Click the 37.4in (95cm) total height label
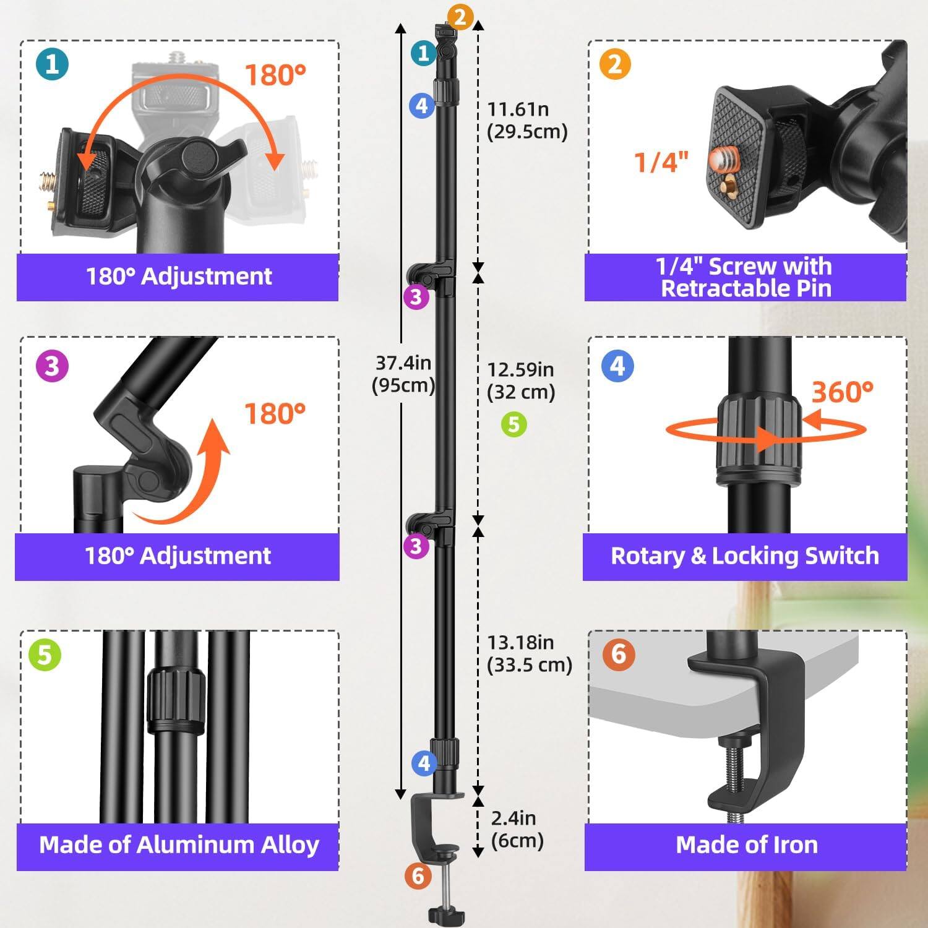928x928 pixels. click(x=403, y=374)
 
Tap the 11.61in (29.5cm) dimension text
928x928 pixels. click(x=526, y=120)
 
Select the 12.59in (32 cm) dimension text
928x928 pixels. click(x=520, y=380)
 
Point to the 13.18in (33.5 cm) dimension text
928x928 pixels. click(x=529, y=653)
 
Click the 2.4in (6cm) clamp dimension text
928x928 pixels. click(x=517, y=829)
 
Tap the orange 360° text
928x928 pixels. click(x=842, y=392)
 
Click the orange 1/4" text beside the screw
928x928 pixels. click(x=661, y=162)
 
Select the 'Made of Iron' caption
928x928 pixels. click(x=746, y=844)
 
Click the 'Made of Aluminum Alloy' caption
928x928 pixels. click(x=179, y=844)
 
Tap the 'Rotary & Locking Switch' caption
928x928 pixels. click(x=745, y=556)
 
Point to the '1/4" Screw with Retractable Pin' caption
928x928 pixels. click(x=745, y=277)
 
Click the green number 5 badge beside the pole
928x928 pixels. click(x=513, y=424)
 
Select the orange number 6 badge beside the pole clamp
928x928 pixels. click(x=418, y=875)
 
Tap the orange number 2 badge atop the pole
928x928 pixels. click(x=460, y=17)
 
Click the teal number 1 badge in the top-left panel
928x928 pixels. click(x=53, y=64)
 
